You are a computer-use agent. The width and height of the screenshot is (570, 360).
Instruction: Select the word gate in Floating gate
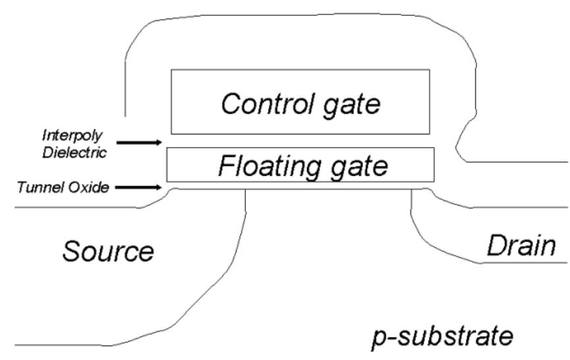coord(353,167)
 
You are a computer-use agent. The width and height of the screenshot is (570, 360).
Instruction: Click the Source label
coord(109,251)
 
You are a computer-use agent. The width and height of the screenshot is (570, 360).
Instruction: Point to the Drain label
coord(520,247)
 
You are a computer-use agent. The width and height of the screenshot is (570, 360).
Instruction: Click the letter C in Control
coord(230,104)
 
